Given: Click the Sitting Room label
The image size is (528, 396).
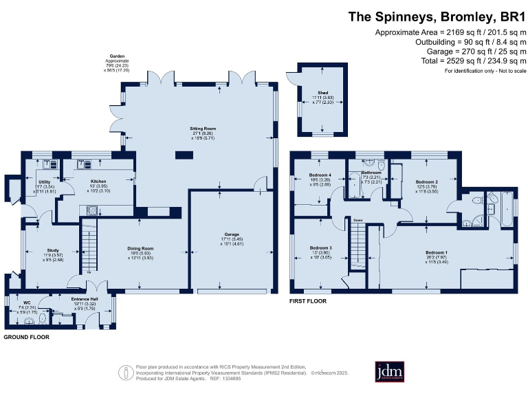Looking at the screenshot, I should [x=203, y=129].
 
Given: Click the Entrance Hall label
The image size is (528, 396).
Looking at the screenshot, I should [x=85, y=299].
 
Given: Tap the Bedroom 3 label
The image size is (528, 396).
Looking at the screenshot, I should [x=320, y=247].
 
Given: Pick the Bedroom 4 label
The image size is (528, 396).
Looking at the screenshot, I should [x=320, y=176].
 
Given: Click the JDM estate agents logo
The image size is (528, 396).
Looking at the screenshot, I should [x=390, y=371].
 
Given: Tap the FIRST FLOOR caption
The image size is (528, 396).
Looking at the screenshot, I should [x=307, y=301].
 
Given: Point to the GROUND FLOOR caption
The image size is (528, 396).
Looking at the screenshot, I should [x=26, y=338].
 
